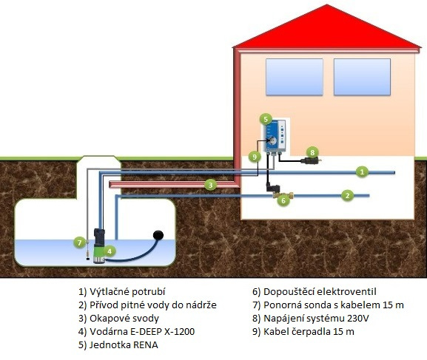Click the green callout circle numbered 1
click(x=362, y=171)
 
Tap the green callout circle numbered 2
click(x=347, y=195)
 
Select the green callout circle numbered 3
click(x=210, y=186)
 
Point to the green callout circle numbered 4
click(x=110, y=251)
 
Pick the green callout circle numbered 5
click(x=266, y=119)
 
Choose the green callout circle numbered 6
click(x=283, y=200)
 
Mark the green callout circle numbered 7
click(x=79, y=242)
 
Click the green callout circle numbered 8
click(x=312, y=152)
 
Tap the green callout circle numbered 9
click(x=255, y=157)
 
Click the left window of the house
click(x=295, y=77)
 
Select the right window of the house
click(x=362, y=77)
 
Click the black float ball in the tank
click(x=158, y=234)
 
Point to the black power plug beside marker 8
click(x=311, y=160)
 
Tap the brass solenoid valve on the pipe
click(x=283, y=195)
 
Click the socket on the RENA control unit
click(x=273, y=140)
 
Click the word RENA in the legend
click(x=146, y=344)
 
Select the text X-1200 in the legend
click(x=180, y=331)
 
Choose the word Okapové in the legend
click(x=107, y=318)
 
